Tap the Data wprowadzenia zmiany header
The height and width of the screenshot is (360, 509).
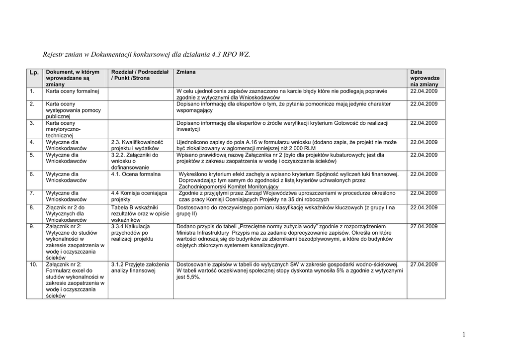pos(424,79)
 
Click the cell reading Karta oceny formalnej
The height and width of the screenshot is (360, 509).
pos(73,91)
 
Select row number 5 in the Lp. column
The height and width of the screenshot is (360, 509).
pos(32,155)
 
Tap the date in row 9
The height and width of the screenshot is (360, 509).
pos(424,226)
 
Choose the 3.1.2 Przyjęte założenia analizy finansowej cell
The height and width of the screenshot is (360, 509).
pos(140,268)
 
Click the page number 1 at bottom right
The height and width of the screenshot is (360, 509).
pos(463,335)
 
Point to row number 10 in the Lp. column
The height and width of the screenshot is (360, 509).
pos(33,265)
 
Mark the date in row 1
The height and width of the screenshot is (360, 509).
pos(424,91)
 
